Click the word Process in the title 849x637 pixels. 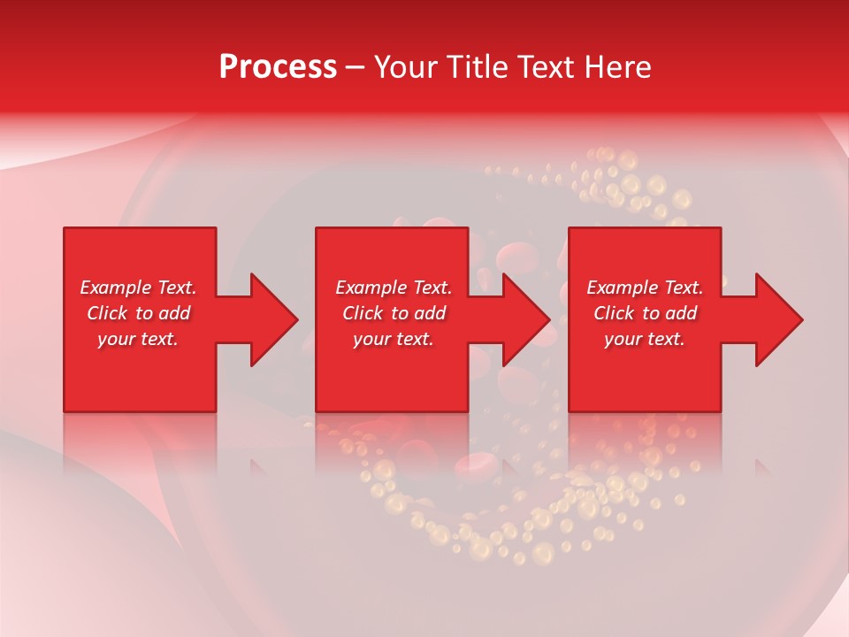pos(278,67)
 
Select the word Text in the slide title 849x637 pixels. pos(541,67)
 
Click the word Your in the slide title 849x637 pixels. pos(406,67)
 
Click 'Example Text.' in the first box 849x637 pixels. pos(138,288)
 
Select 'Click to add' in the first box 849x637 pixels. pos(138,313)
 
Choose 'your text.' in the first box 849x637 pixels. pos(138,339)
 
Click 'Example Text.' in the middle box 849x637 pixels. pos(394,288)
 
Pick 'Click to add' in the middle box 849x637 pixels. pos(394,313)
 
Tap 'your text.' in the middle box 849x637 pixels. pos(394,339)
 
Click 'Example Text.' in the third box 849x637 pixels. pos(645,288)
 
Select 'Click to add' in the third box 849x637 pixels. pos(645,313)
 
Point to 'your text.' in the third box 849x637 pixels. pos(645,339)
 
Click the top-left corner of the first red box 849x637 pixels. pos(65,229)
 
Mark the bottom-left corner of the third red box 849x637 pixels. pos(570,411)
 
